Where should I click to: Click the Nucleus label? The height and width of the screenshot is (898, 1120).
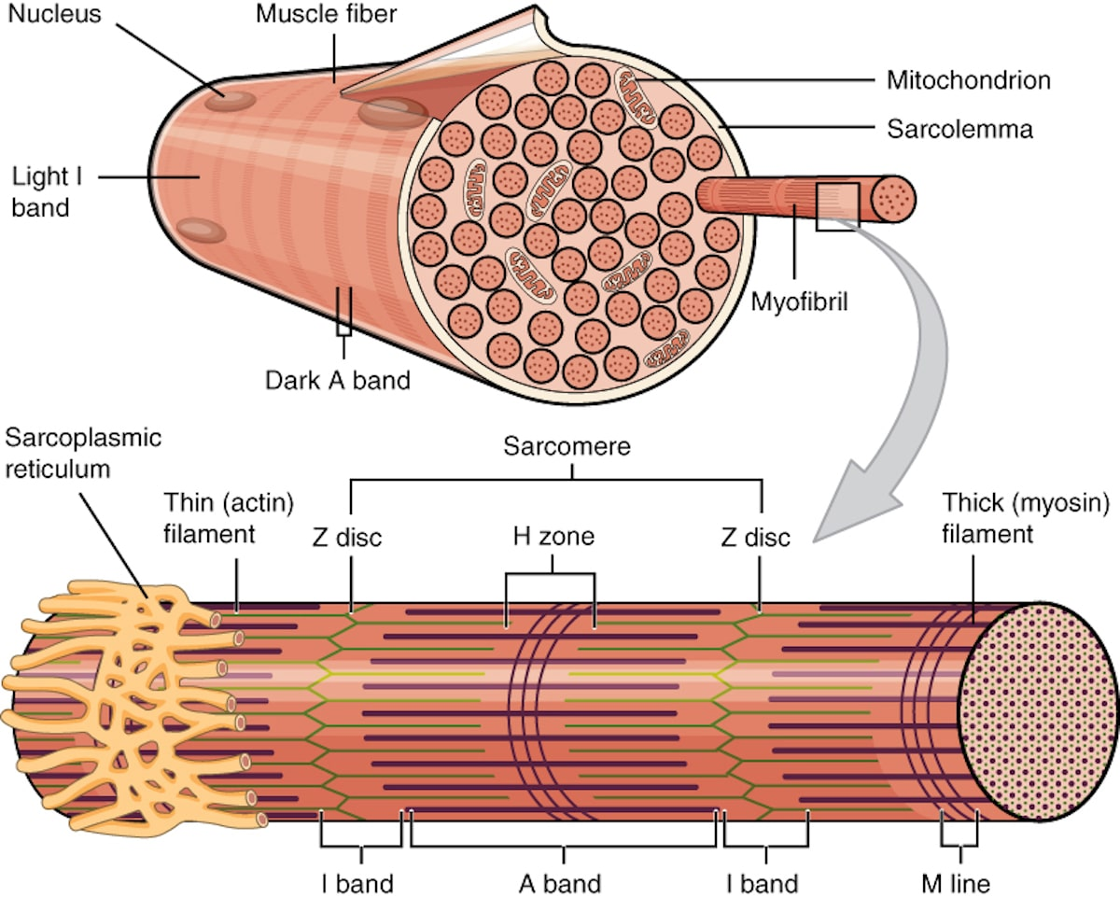pyautogui.click(x=55, y=14)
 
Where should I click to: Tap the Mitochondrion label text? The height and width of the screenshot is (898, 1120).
pyautogui.click(x=969, y=80)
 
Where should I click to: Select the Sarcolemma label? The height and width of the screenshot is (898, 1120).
pyautogui.click(x=959, y=129)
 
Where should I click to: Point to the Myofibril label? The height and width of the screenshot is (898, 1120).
pyautogui.click(x=800, y=302)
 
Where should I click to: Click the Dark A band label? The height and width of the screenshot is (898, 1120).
pyautogui.click(x=338, y=381)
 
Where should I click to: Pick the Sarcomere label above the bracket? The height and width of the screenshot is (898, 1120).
pyautogui.click(x=567, y=446)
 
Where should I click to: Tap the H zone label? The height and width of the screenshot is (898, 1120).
pyautogui.click(x=553, y=537)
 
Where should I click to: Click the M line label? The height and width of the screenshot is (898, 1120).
pyautogui.click(x=956, y=884)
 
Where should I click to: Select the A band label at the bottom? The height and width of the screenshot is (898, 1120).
pyautogui.click(x=560, y=884)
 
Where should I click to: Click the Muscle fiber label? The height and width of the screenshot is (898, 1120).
pyautogui.click(x=326, y=14)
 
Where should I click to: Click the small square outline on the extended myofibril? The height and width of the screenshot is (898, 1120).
pyautogui.click(x=837, y=206)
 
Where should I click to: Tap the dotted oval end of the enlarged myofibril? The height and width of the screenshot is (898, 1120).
pyautogui.click(x=1037, y=711)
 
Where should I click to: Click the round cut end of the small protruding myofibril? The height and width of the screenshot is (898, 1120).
pyautogui.click(x=893, y=200)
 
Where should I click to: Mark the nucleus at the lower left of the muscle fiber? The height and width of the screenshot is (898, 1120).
pyautogui.click(x=201, y=230)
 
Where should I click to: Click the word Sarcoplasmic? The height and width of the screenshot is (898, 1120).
pyautogui.click(x=83, y=439)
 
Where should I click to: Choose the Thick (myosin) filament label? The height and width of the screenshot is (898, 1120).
pyautogui.click(x=1025, y=518)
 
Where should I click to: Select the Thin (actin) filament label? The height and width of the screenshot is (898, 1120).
pyautogui.click(x=229, y=518)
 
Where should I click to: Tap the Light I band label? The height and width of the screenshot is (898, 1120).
pyautogui.click(x=47, y=192)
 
